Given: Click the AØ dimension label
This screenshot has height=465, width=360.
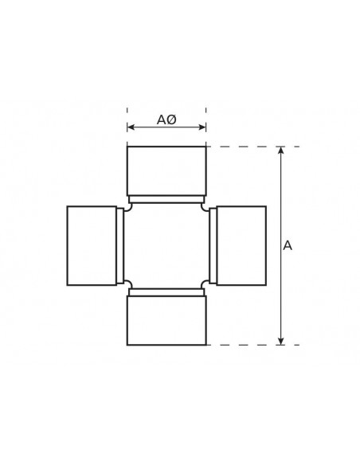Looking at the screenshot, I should tap(166, 119).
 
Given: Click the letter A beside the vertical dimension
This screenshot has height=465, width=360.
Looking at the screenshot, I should tap(288, 246).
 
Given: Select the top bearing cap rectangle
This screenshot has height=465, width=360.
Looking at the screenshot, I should tap(166, 170).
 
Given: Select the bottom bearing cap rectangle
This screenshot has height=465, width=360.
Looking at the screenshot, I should tap(166, 320).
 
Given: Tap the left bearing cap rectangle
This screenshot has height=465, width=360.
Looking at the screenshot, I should tap(92, 245).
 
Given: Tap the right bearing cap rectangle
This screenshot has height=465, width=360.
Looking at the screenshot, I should tap(241, 245).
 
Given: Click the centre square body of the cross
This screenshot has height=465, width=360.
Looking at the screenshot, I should tap(166, 245).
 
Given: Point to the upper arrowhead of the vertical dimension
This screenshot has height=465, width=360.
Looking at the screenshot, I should tap(280, 150).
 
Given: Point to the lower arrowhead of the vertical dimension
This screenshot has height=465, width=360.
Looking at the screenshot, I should tap(280, 341).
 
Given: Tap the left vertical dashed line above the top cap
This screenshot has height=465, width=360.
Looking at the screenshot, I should tap(127, 119).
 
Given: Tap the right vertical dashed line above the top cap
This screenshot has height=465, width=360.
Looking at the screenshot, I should tap(205, 119).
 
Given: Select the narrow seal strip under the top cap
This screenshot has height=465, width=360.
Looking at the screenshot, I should tap(166, 198).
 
